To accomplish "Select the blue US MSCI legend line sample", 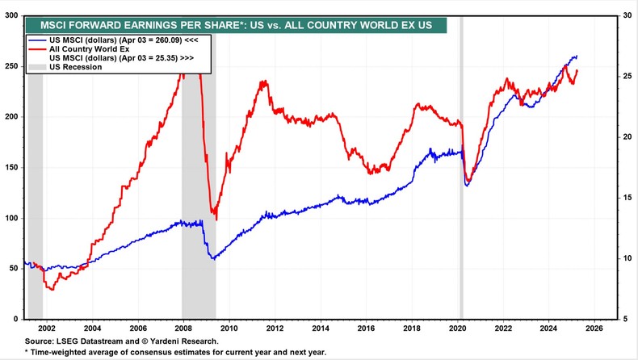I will point(37,39).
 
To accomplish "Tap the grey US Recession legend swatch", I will point(37,68).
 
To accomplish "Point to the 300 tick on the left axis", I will point(12,15).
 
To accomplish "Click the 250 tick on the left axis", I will point(12,66).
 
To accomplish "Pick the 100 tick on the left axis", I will point(12,218).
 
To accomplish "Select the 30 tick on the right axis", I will point(627,15).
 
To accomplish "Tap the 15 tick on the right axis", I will point(627,198).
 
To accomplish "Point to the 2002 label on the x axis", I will point(46,329).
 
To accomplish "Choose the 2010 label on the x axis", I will point(229,329).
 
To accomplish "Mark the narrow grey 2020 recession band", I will point(461,161).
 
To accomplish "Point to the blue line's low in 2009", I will point(213,258).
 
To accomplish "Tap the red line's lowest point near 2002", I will point(52,289).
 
